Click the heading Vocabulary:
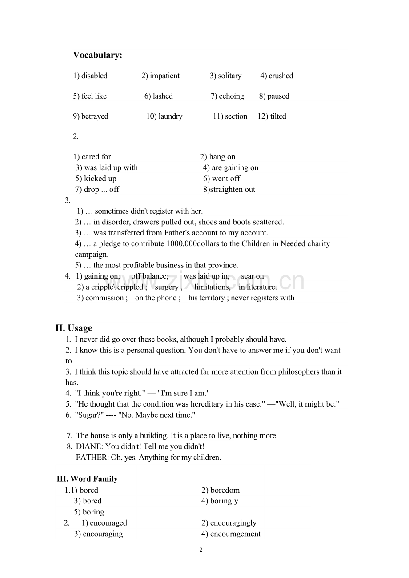97,55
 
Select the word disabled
94,76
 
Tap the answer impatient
164,76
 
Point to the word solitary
229,76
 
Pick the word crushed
281,76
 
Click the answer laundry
170,116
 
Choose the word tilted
278,116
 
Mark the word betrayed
95,116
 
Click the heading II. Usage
74,328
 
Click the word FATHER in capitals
91,457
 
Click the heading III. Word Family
87,479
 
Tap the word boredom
225,490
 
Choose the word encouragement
235,534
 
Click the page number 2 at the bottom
201,550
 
